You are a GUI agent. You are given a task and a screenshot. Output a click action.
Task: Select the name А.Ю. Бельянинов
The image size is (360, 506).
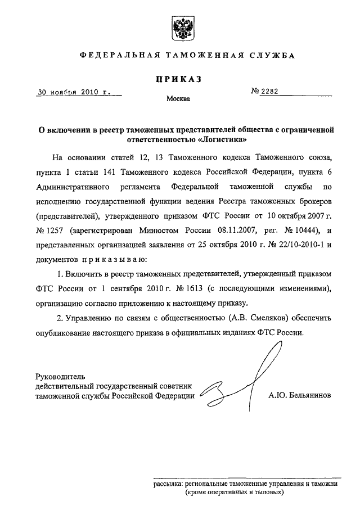coord(299,395)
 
